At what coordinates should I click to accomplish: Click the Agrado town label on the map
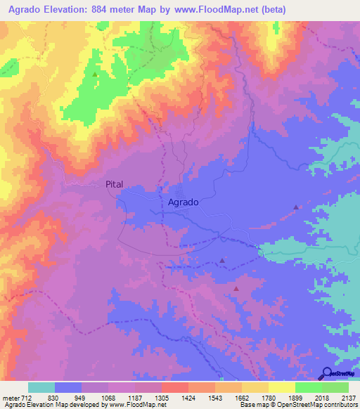pos(184,202)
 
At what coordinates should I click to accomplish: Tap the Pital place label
pos(114,184)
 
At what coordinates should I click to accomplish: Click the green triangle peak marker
pos(95,73)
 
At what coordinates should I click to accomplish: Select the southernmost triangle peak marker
pos(236,288)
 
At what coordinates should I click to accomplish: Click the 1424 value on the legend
pos(188,396)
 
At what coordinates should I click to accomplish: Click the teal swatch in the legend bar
pos(41,387)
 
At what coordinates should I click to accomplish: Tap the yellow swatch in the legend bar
pos(281,387)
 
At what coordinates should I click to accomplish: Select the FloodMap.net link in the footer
pos(143,405)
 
